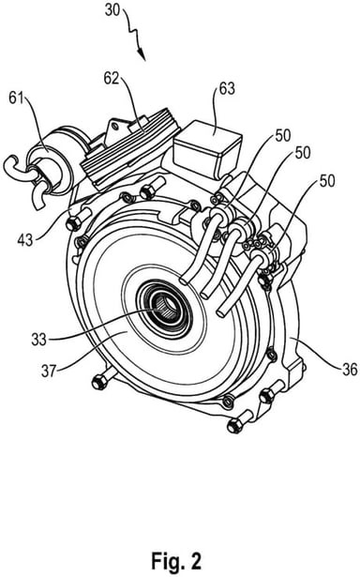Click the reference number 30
pyautogui.click(x=112, y=10)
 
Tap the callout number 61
pyautogui.click(x=16, y=99)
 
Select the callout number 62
pyautogui.click(x=111, y=79)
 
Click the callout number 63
pyautogui.click(x=227, y=89)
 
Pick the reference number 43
pyautogui.click(x=25, y=240)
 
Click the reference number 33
pyautogui.click(x=39, y=340)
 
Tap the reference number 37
pyautogui.click(x=49, y=371)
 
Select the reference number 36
pyautogui.click(x=350, y=369)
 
